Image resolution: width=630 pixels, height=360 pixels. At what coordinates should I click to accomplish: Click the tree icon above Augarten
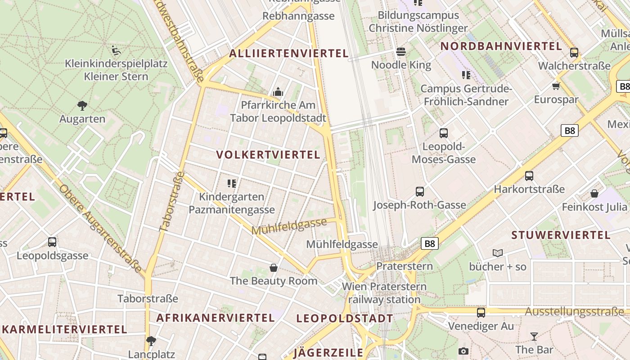click(x=82, y=106)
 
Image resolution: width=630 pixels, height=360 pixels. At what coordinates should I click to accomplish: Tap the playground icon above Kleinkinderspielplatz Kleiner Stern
click(x=116, y=50)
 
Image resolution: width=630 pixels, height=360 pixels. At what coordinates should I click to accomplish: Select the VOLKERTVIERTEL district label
click(x=268, y=155)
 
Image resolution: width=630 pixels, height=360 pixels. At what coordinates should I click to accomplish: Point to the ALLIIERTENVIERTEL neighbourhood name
click(x=289, y=54)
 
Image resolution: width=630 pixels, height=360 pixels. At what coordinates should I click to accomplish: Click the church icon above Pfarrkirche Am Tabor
click(x=278, y=92)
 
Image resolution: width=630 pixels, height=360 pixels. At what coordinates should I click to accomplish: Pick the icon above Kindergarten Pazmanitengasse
click(x=232, y=183)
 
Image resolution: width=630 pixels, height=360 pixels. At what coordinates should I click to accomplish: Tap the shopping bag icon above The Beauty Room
click(x=273, y=268)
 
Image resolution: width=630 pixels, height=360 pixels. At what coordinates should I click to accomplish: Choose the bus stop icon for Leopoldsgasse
click(x=52, y=242)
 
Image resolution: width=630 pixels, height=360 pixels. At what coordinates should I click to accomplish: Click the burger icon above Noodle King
click(x=401, y=51)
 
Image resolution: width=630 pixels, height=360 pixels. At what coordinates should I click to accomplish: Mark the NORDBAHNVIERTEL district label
click(x=501, y=46)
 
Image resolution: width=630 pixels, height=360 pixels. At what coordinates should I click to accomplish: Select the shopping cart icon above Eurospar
click(x=556, y=86)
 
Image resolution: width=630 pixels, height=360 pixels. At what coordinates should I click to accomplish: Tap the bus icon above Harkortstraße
click(x=529, y=176)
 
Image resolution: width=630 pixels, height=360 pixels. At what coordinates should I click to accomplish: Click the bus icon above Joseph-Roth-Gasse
click(x=419, y=192)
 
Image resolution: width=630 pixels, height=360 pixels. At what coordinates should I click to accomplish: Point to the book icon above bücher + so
click(x=497, y=253)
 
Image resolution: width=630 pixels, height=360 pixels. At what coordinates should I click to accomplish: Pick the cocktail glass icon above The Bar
click(x=534, y=336)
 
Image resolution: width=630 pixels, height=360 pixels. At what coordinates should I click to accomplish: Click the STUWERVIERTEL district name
click(x=561, y=235)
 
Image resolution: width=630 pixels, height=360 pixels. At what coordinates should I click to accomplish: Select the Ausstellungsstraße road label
click(x=575, y=312)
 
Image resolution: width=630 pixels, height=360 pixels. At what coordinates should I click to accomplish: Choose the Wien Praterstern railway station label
click(x=384, y=293)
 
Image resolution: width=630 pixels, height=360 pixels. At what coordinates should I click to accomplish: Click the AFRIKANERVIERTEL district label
click(x=216, y=318)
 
